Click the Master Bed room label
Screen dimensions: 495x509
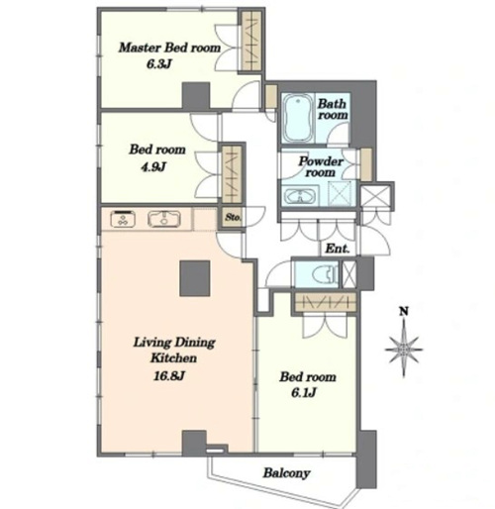tap(169, 48)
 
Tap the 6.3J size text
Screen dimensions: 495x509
tap(159, 64)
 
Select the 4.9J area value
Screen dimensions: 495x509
tap(153, 167)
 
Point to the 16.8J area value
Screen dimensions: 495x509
tap(169, 375)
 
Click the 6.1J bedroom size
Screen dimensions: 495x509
tap(304, 393)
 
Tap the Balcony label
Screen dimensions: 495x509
tap(286, 473)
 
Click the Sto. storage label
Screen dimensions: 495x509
tap(234, 217)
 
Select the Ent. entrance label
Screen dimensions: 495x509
tap(338, 249)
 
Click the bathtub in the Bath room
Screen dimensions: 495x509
tap(298, 118)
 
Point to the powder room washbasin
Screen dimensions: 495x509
tap(300, 197)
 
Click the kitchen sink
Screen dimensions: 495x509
tap(164, 219)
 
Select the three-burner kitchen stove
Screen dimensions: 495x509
tap(123, 219)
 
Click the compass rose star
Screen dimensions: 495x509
tap(404, 350)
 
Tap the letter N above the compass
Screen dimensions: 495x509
tap(404, 311)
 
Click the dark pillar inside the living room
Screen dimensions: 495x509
tap(195, 278)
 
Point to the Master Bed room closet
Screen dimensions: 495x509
tap(251, 41)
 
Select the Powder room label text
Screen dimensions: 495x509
tap(321, 166)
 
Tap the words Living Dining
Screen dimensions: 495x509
tap(174, 343)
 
